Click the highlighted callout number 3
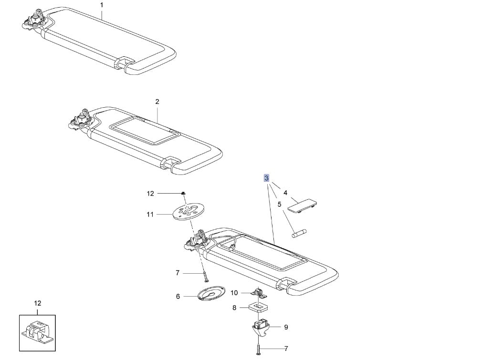pos(266,178)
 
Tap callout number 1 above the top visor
pos(102,5)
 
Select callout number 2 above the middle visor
pos(157,102)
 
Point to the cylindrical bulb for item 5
pos(299,234)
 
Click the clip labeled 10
pos(259,292)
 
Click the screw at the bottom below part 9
pos(258,349)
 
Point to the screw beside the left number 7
pos(206,276)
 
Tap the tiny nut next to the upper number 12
pos(183,193)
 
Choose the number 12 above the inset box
pos(37,303)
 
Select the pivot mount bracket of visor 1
pos(34,20)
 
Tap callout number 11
pos(150,215)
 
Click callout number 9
pos(286,327)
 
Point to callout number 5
pos(279,204)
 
